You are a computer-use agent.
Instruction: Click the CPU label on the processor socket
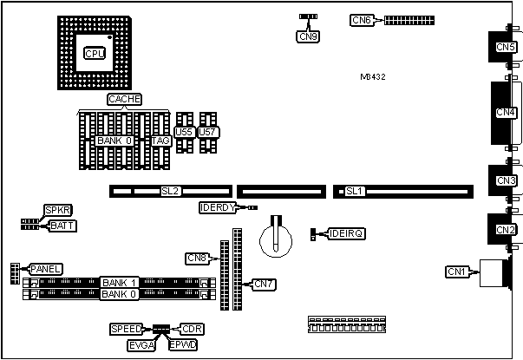pos(94,53)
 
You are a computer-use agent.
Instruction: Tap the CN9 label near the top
pos(307,36)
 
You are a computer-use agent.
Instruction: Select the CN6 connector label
pos(362,19)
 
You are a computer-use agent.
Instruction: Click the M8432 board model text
pos(373,77)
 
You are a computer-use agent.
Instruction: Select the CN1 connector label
pos(457,272)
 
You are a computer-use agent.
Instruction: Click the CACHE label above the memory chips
pos(124,100)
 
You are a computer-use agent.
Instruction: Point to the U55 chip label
pos(184,132)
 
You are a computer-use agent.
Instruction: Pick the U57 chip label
pos(208,132)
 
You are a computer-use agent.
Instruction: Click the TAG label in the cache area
pos(160,141)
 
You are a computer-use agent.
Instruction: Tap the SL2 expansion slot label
pos(170,191)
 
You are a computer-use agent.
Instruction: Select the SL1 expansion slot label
pos(354,191)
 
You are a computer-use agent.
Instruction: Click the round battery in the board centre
pos(278,235)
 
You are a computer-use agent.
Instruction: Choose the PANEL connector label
pos(45,269)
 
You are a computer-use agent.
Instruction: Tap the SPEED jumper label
pos(127,329)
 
